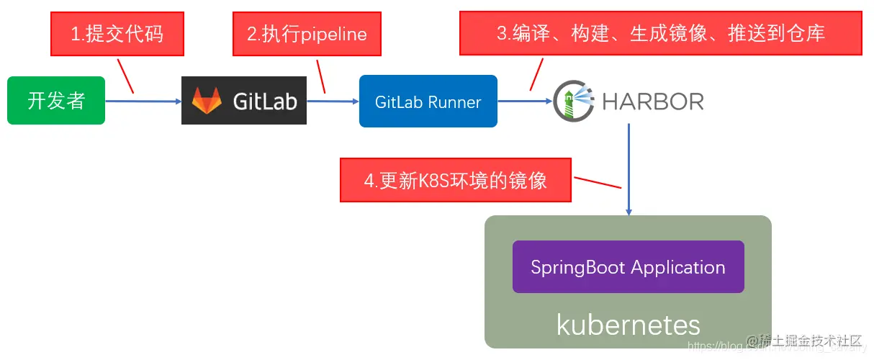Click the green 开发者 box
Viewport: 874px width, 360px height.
[56, 101]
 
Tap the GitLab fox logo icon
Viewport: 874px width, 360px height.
[207, 101]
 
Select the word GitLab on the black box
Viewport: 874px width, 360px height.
[265, 101]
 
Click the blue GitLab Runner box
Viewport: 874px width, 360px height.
[428, 102]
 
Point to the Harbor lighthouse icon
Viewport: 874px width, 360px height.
[573, 102]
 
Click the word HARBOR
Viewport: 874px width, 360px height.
[652, 102]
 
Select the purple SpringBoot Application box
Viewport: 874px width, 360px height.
[628, 267]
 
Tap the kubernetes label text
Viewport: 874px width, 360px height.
[628, 325]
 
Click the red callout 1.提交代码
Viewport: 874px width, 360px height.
[117, 34]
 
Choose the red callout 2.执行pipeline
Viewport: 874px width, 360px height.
[307, 34]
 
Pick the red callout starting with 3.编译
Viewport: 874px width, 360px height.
[661, 33]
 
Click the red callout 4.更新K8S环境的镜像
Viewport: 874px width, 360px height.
[456, 180]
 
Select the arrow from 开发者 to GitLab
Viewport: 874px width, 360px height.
[143, 102]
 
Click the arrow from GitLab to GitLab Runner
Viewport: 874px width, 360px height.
[333, 102]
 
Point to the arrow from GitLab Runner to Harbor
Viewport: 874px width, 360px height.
[525, 102]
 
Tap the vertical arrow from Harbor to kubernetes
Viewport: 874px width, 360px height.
[629, 169]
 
